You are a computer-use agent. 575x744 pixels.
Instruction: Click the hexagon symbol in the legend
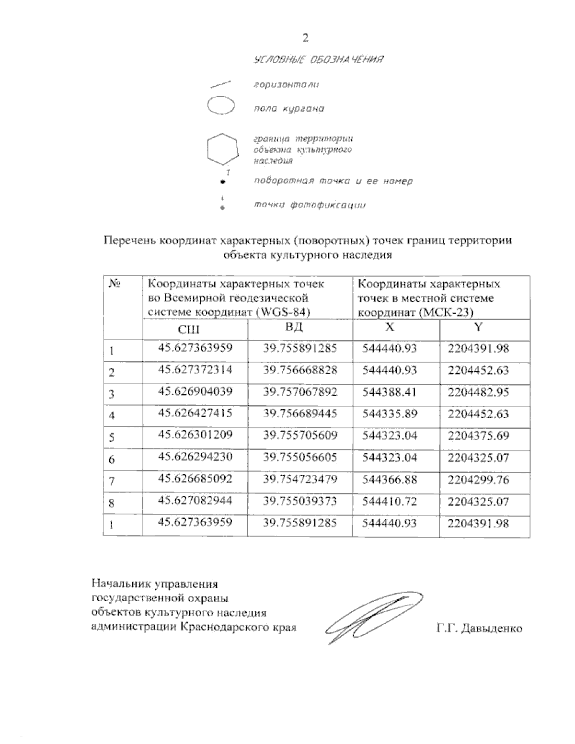pyautogui.click(x=222, y=149)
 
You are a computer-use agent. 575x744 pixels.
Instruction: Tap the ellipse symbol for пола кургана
pyautogui.click(x=220, y=106)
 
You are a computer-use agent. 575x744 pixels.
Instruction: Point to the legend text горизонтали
pyautogui.click(x=286, y=85)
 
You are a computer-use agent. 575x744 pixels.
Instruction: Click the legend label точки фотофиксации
pyautogui.click(x=309, y=206)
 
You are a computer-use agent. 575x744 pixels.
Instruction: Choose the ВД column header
pyautogui.click(x=295, y=328)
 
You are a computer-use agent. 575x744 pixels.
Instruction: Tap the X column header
pyautogui.click(x=390, y=327)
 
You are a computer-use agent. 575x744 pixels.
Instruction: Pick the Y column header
pyautogui.click(x=479, y=327)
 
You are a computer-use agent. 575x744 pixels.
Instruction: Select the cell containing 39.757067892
pyautogui.click(x=300, y=392)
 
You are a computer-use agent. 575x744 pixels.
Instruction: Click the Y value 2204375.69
pyautogui.click(x=478, y=435)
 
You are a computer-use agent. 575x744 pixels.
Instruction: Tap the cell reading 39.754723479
pyautogui.click(x=300, y=479)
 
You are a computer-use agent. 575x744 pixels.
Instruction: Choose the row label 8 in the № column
pyautogui.click(x=112, y=503)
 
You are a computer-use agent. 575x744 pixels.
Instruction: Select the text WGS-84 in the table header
pyautogui.click(x=282, y=312)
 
